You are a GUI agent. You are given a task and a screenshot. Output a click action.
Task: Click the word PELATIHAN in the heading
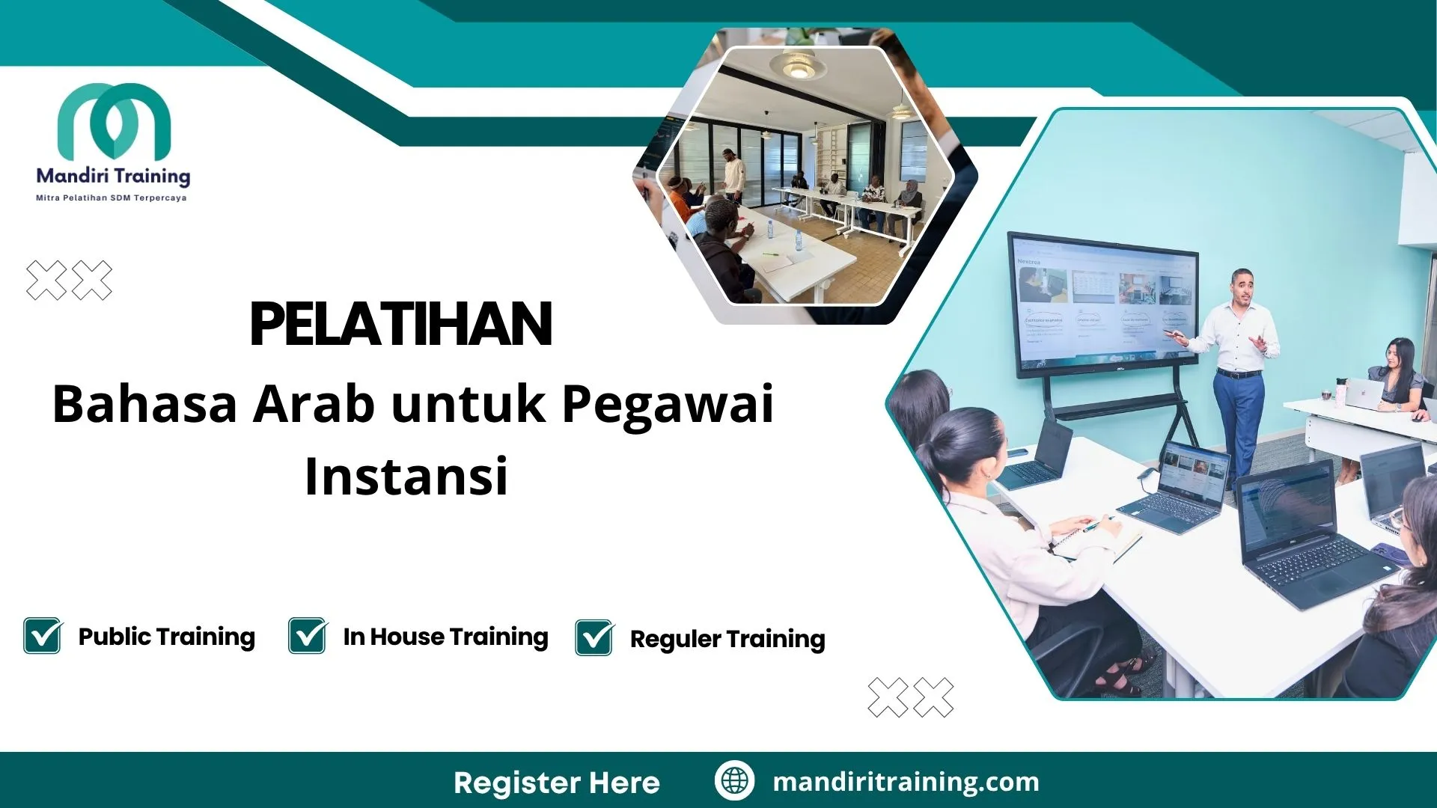pyautogui.click(x=401, y=325)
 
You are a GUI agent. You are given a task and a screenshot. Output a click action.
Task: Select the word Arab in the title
pyautogui.click(x=314, y=404)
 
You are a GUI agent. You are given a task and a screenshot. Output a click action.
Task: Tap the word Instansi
pyautogui.click(x=406, y=477)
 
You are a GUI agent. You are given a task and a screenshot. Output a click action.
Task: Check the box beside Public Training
pyautogui.click(x=43, y=636)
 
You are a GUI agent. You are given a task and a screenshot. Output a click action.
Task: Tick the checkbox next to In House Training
pyautogui.click(x=308, y=636)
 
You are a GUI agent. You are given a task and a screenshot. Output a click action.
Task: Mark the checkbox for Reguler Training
pyautogui.click(x=594, y=638)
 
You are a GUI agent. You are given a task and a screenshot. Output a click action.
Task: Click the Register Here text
pyautogui.click(x=557, y=783)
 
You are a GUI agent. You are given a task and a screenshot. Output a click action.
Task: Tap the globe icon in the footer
pyautogui.click(x=734, y=781)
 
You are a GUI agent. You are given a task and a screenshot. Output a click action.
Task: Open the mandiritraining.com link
pyautogui.click(x=906, y=782)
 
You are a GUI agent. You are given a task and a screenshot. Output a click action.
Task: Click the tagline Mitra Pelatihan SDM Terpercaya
pyautogui.click(x=112, y=198)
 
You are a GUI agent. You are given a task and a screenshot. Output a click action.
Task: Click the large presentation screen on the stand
pyautogui.click(x=1104, y=303)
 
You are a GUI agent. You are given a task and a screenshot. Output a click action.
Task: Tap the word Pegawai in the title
pyautogui.click(x=668, y=404)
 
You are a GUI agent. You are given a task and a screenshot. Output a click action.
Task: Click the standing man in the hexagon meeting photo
pyautogui.click(x=734, y=176)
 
